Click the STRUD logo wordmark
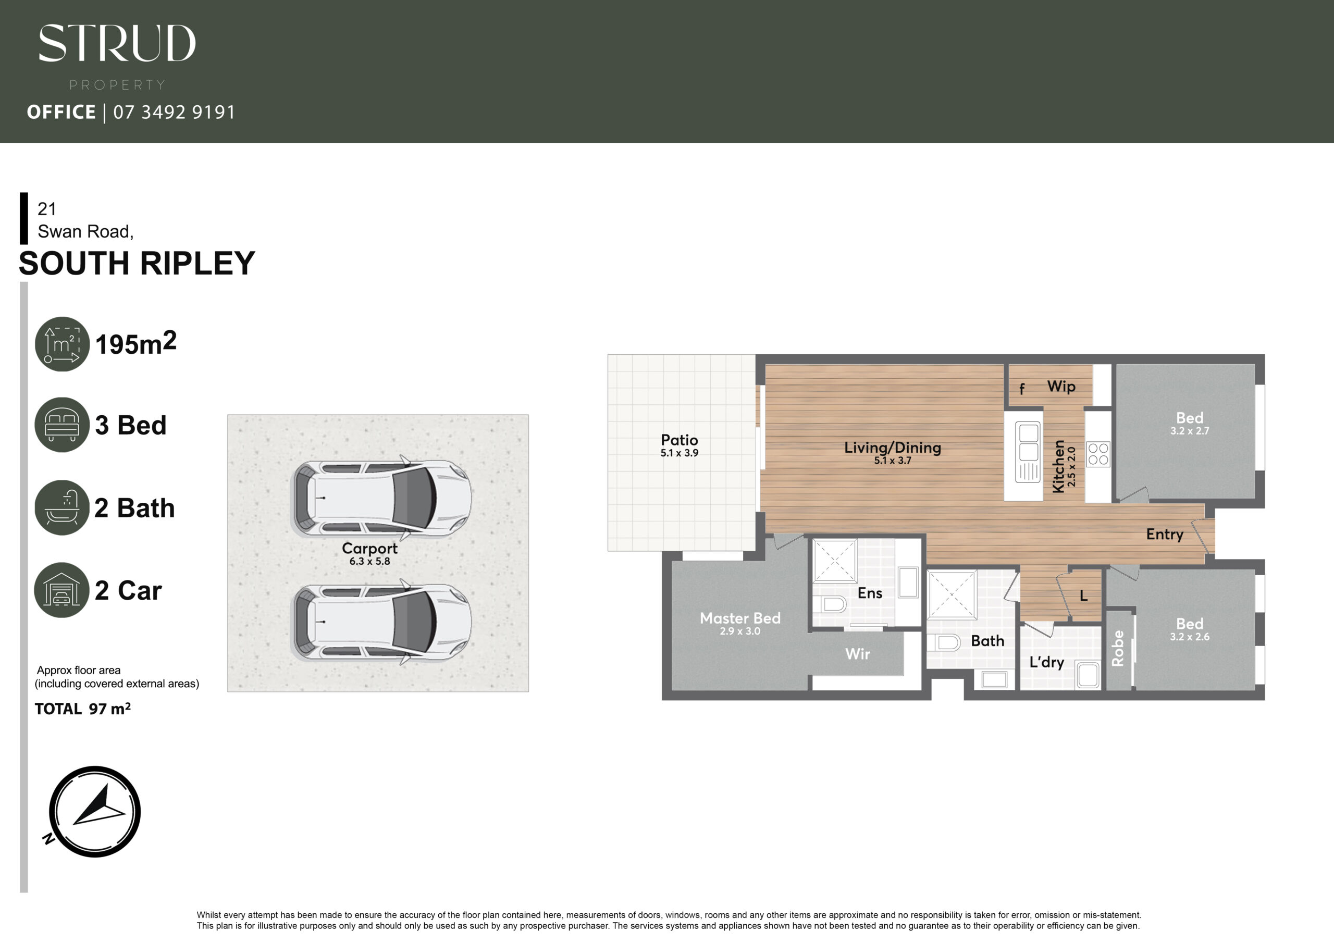(x=117, y=43)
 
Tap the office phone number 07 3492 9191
(x=174, y=112)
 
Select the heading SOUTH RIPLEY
(x=137, y=263)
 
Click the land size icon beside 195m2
(x=62, y=344)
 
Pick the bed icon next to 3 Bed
(x=62, y=425)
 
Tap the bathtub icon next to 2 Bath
(x=62, y=507)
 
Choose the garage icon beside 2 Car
(x=61, y=590)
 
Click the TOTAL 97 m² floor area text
(x=82, y=709)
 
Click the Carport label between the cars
(x=369, y=549)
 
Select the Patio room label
(x=679, y=440)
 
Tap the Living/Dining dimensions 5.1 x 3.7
(x=893, y=461)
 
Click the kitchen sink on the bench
(x=1028, y=452)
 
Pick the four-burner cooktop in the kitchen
(x=1098, y=454)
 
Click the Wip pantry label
(x=1061, y=387)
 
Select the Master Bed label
(x=740, y=618)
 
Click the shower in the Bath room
(x=952, y=595)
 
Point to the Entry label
(x=1164, y=535)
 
